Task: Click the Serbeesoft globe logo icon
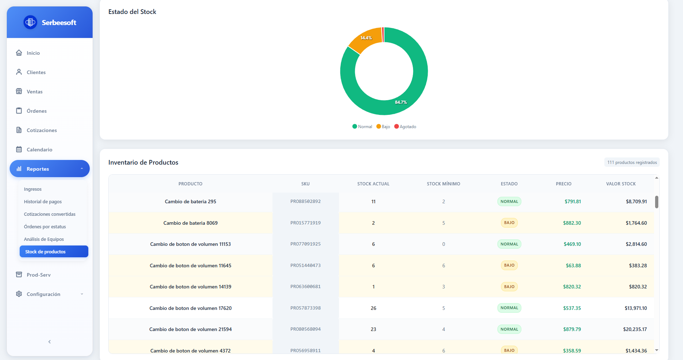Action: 30,22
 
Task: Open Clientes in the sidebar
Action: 36,72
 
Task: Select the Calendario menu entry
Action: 39,150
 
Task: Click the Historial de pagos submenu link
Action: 43,202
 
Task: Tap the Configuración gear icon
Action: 19,294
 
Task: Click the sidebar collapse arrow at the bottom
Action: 49,342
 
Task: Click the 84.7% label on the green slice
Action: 401,102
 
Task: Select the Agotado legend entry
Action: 405,127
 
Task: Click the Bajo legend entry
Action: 383,127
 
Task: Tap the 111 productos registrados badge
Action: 632,162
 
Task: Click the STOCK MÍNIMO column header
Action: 443,184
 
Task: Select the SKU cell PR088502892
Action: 305,201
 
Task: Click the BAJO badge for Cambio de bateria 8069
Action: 509,223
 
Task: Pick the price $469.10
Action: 572,244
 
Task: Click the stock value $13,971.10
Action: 636,308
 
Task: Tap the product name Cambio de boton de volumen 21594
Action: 191,329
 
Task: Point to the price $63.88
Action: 573,266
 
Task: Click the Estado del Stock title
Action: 132,12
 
